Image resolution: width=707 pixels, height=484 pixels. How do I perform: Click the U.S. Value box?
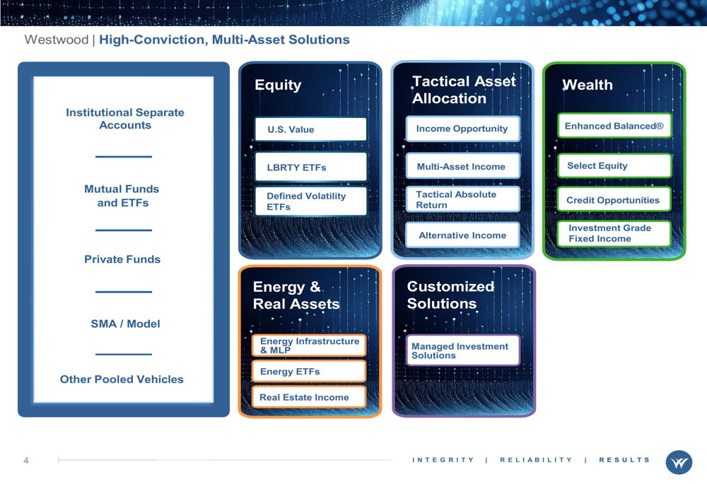[310, 129]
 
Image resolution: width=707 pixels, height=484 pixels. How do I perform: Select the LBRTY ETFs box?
[310, 167]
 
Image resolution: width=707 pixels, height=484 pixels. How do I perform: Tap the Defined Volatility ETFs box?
[310, 201]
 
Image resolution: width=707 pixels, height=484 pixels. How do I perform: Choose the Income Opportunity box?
[462, 129]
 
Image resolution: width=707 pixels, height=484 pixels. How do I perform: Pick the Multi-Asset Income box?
[462, 166]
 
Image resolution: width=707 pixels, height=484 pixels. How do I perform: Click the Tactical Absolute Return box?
[462, 199]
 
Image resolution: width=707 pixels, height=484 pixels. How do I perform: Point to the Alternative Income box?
[462, 235]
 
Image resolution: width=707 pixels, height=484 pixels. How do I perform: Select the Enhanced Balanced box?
[614, 125]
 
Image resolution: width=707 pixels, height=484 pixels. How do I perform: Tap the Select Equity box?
[614, 165]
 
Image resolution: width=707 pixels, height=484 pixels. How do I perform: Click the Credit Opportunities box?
[614, 199]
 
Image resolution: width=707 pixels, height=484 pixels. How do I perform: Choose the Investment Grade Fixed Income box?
[614, 233]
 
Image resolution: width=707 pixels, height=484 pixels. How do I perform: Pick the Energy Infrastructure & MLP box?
[309, 346]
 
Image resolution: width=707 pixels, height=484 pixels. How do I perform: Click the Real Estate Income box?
[309, 397]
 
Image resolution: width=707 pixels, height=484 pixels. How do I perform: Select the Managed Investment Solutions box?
[462, 350]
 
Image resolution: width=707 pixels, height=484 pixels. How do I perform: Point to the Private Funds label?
[122, 259]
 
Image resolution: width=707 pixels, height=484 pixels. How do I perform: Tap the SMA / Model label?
[125, 324]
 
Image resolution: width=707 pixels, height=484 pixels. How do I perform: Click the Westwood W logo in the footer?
[679, 462]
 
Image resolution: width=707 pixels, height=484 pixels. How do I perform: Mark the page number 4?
[25, 460]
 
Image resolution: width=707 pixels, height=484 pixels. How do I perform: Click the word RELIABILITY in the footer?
[536, 460]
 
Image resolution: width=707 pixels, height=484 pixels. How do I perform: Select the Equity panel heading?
[278, 85]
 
